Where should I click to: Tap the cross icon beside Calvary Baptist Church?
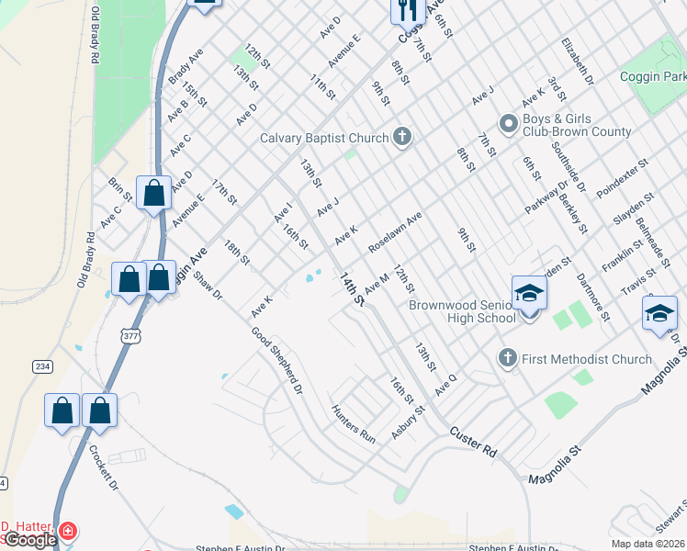click(401, 138)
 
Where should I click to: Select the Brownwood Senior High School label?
click(462, 310)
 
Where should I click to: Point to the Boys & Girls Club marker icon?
click(507, 123)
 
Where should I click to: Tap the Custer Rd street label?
click(473, 441)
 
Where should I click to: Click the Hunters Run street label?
click(355, 424)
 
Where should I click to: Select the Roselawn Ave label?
click(395, 233)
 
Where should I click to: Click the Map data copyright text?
click(648, 544)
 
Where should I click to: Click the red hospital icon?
click(66, 532)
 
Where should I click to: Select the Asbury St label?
click(410, 422)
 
